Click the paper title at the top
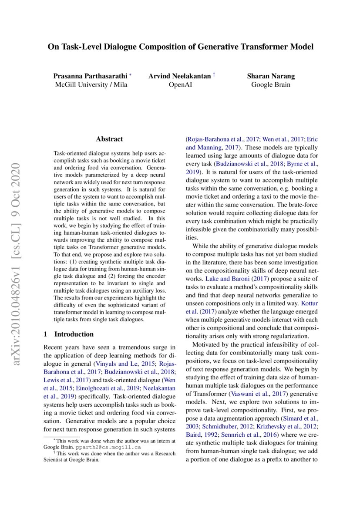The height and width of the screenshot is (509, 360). pyautogui.click(x=180, y=47)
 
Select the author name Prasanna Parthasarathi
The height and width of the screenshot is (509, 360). pyautogui.click(x=89, y=76)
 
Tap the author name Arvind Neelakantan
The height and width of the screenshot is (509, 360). pyautogui.click(x=179, y=76)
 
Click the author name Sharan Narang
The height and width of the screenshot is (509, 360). pyautogui.click(x=270, y=76)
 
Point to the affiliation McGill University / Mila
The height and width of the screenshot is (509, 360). pyautogui.click(x=91, y=84)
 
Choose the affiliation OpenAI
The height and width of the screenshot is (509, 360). pyautogui.click(x=181, y=84)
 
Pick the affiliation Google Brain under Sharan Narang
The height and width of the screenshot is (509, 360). pyautogui.click(x=270, y=84)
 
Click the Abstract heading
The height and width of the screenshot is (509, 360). pyautogui.click(x=109, y=139)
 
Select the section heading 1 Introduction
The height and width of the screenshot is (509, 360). pyautogui.click(x=69, y=334)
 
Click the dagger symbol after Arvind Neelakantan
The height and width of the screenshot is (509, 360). pyautogui.click(x=214, y=74)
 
